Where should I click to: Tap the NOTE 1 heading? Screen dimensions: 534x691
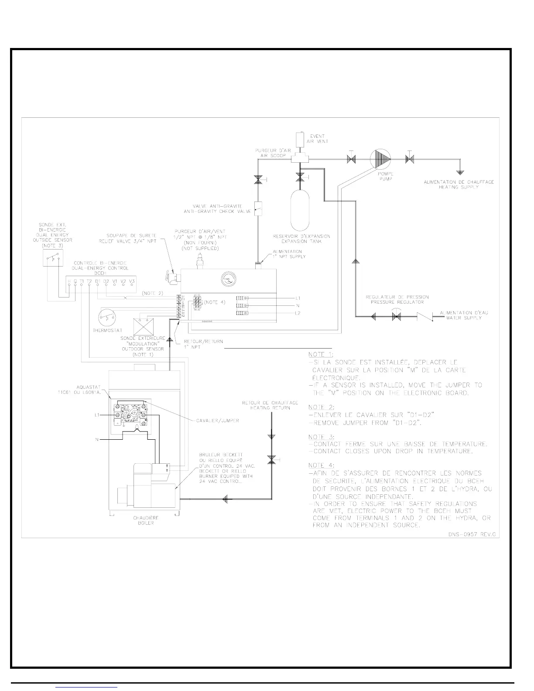pos(320,354)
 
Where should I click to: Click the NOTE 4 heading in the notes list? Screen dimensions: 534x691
pos(320,465)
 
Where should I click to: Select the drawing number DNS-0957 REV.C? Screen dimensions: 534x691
pos(474,534)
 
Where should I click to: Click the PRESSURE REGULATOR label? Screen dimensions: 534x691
pos(397,302)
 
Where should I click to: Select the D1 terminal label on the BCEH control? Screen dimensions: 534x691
pos(98,281)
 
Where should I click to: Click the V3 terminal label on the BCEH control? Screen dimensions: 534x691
pos(132,281)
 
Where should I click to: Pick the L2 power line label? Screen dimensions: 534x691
pos(298,314)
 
